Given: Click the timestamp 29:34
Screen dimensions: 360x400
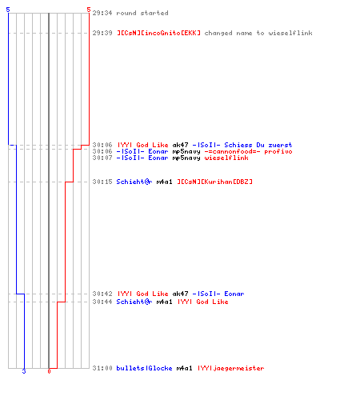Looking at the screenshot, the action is (x=102, y=13).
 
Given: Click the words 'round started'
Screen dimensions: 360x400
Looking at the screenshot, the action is (x=142, y=13).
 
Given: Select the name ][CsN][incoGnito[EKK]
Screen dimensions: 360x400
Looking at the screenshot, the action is (x=158, y=33).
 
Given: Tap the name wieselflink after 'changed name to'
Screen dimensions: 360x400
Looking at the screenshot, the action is (x=290, y=33).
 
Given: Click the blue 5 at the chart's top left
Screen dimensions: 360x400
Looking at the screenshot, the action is (x=8, y=10).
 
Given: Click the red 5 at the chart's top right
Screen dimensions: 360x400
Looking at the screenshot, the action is (x=89, y=10).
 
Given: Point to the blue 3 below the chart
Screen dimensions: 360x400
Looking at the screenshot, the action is (x=24, y=371).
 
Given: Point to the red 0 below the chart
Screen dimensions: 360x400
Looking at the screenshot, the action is (x=49, y=371).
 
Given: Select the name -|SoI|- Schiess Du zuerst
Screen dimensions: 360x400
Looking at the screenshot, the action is (x=242, y=145).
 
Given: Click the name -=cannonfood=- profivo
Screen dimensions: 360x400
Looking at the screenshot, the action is (x=249, y=151).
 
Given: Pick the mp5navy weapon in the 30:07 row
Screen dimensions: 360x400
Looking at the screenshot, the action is (x=186, y=158).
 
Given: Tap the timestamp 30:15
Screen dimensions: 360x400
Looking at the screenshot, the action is (x=102, y=182).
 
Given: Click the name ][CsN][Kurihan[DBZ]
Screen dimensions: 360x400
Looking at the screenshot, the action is (x=214, y=182).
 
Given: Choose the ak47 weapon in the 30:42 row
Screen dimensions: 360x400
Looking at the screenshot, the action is (x=180, y=294).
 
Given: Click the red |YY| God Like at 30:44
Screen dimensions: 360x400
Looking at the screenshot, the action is (x=203, y=302).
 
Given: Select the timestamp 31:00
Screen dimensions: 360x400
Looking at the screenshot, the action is (x=102, y=368).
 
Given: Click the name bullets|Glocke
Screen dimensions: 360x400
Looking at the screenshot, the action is (x=144, y=368).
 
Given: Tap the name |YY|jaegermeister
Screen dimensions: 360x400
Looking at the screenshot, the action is (x=231, y=368).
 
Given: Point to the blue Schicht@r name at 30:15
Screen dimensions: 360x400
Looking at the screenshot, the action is (x=134, y=182).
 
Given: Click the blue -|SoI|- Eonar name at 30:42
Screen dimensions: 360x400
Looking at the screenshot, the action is (x=218, y=294).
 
